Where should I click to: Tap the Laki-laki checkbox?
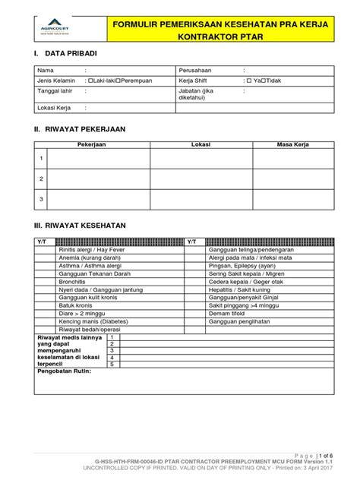coord(90,79)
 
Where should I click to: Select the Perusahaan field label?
coord(198,69)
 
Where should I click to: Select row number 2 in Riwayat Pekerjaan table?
coord(42,178)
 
